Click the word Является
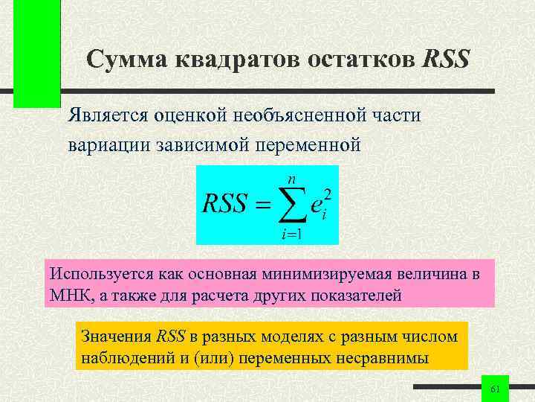click(x=108, y=115)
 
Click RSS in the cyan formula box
click(x=224, y=204)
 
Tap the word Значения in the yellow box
click(x=114, y=336)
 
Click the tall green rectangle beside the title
click(x=37, y=54)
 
